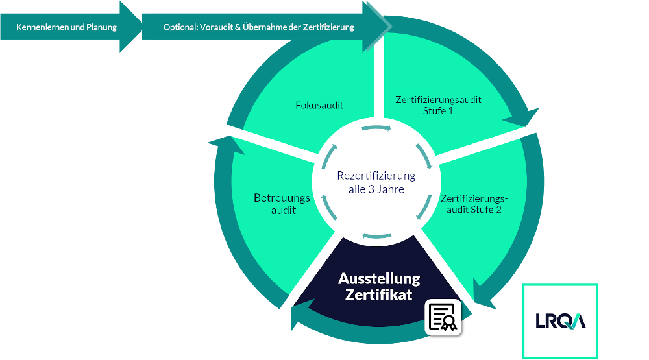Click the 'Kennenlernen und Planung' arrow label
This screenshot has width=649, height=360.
66,27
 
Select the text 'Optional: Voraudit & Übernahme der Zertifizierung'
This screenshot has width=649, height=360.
258,27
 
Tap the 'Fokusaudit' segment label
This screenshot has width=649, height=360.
319,104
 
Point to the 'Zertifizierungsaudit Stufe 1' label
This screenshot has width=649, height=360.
438,105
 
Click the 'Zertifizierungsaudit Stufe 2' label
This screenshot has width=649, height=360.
473,204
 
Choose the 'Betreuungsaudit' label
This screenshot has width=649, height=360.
284,204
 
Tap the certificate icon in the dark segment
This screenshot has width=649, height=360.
443,317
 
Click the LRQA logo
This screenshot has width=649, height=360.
561,320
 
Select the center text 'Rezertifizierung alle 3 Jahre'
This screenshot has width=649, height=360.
376,182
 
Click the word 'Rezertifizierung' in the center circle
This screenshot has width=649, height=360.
376,176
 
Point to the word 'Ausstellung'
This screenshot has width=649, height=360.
379,279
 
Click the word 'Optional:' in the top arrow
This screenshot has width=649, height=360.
179,27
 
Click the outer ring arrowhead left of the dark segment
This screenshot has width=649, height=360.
301,315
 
